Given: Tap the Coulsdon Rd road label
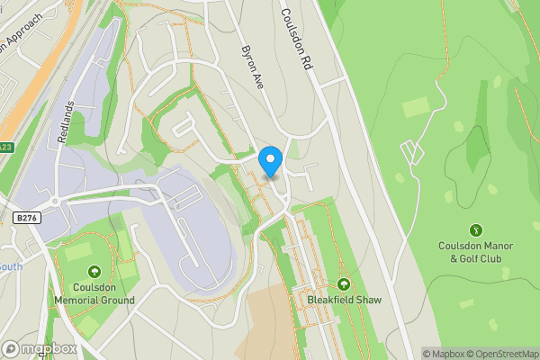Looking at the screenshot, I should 298,41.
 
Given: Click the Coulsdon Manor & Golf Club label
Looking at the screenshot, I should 475,252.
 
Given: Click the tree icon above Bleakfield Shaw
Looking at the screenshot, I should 342,283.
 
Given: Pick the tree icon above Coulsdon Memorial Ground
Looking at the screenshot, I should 94,272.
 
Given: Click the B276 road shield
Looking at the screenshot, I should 27,217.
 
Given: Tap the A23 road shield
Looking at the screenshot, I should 6,148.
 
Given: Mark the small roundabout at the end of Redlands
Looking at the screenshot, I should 54,200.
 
